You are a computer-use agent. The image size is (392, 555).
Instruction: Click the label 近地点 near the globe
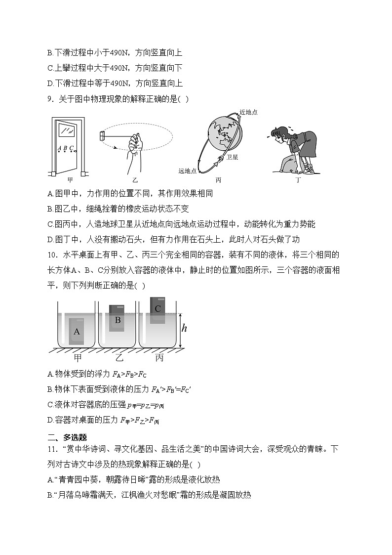[x=248, y=112]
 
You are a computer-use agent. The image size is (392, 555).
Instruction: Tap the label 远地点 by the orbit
[x=188, y=171]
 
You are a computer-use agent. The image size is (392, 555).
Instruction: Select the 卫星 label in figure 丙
[x=232, y=157]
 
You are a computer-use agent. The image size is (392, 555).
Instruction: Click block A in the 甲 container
[x=77, y=332]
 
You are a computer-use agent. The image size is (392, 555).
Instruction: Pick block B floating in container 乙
[x=118, y=319]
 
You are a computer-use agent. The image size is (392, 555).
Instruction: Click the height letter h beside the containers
[x=184, y=328]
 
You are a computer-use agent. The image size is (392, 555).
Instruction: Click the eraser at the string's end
[x=103, y=135]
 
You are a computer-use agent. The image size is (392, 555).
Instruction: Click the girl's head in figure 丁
[x=279, y=133]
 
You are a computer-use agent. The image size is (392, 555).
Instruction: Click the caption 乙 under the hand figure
[x=135, y=180]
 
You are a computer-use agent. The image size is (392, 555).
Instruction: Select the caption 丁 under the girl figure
[x=298, y=180]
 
